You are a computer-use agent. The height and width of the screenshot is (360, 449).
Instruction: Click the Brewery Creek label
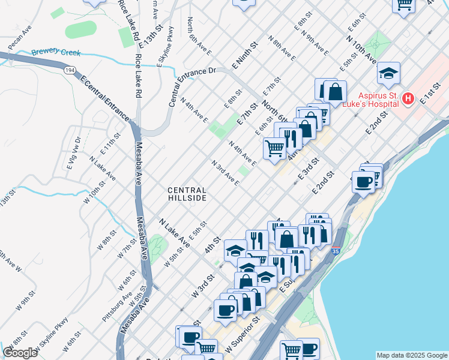[56, 53]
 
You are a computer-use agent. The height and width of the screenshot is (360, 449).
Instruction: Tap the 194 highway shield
[71, 70]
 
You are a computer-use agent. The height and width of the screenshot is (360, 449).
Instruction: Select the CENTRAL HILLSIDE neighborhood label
[187, 194]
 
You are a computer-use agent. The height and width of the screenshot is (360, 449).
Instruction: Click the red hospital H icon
[408, 98]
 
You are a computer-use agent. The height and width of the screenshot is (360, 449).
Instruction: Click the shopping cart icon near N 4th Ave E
[274, 147]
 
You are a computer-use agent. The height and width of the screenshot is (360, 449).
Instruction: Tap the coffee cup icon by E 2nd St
[364, 181]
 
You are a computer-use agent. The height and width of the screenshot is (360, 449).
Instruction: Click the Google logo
[20, 353]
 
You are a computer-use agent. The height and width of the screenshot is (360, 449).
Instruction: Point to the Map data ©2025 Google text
[411, 355]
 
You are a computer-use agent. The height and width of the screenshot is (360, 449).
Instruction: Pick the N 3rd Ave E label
[225, 173]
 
